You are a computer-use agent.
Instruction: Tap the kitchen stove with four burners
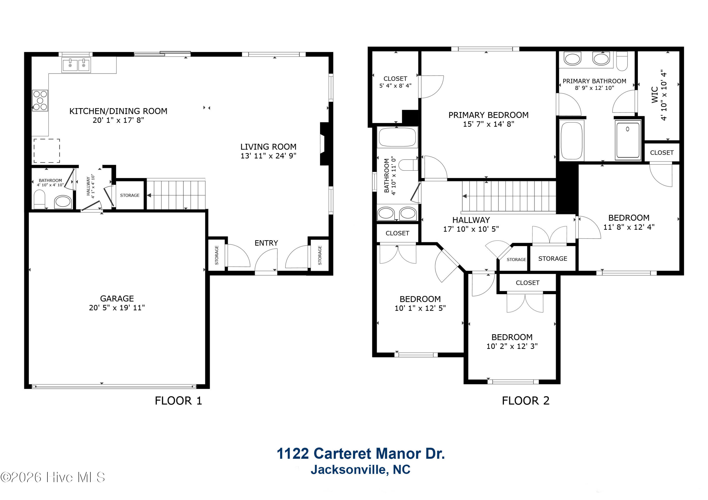(x=40, y=100)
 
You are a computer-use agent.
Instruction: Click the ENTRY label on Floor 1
(x=266, y=243)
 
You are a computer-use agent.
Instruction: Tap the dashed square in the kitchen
(x=46, y=151)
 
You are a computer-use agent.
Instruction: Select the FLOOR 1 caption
(x=178, y=401)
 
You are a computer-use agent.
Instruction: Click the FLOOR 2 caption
(x=526, y=401)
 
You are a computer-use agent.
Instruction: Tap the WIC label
(x=655, y=95)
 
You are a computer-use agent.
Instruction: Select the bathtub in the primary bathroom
(x=572, y=140)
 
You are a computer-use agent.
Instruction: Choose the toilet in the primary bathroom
(x=622, y=61)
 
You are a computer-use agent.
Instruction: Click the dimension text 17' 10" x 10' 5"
(x=471, y=229)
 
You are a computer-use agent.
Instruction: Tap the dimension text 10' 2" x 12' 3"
(x=512, y=346)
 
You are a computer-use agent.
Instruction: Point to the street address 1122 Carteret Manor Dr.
(x=361, y=454)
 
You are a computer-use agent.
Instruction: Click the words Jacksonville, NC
(x=360, y=470)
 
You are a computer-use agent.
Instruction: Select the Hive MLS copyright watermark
(x=53, y=477)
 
